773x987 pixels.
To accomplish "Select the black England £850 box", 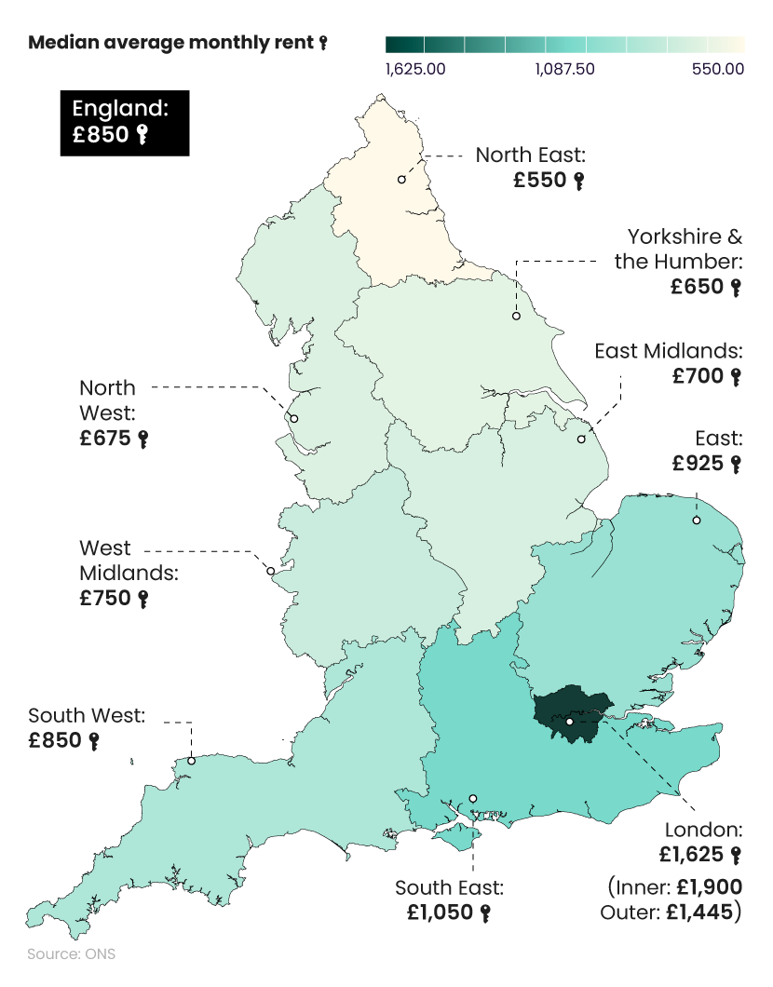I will [125, 122].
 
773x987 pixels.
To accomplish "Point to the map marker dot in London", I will [569, 722].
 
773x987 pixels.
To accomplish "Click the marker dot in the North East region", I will [401, 179].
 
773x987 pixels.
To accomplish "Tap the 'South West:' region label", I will [87, 716].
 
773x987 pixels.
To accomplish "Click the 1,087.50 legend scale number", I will [564, 69].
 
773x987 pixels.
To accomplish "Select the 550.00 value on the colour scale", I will [717, 69].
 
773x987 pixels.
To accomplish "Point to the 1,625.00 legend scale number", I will [414, 69].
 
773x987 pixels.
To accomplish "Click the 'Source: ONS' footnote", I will [72, 954].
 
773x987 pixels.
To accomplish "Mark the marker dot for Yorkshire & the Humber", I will [515, 317].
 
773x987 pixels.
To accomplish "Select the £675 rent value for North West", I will [105, 439].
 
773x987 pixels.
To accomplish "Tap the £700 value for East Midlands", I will [698, 376].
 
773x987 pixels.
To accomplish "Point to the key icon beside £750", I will [143, 600].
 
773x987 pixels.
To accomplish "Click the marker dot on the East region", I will [696, 521].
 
